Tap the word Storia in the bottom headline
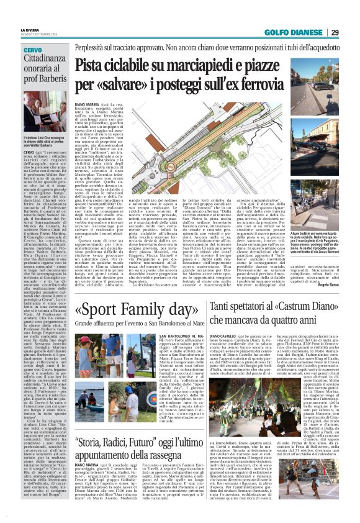coord(94,444)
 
